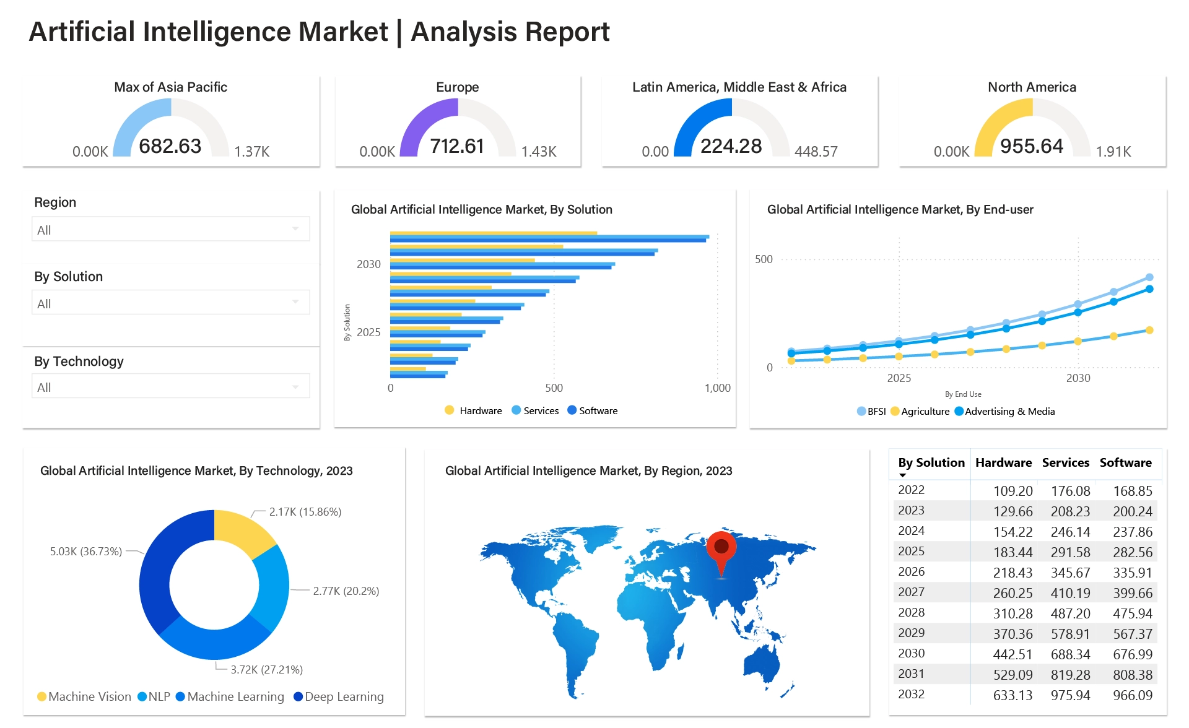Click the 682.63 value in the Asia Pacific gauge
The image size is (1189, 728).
tap(170, 146)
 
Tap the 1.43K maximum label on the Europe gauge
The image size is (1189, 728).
tap(538, 152)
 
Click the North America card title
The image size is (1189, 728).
tap(1032, 87)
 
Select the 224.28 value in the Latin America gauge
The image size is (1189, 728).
tap(731, 146)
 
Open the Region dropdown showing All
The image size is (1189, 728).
tap(170, 230)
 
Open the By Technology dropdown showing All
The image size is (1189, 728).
tap(170, 388)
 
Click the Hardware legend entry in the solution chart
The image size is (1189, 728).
tap(474, 410)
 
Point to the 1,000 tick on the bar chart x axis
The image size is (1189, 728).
tap(717, 388)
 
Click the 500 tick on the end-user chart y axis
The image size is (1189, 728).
tap(764, 259)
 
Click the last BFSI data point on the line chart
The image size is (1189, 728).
tap(1149, 277)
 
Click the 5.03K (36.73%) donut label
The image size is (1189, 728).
tap(86, 552)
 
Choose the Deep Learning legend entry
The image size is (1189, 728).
tap(338, 697)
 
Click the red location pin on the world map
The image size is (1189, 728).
tap(721, 548)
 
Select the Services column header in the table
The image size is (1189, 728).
tap(1065, 463)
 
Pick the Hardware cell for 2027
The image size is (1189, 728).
tap(1013, 593)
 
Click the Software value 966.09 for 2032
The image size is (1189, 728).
tap(1132, 695)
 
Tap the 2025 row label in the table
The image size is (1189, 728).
tap(911, 552)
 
